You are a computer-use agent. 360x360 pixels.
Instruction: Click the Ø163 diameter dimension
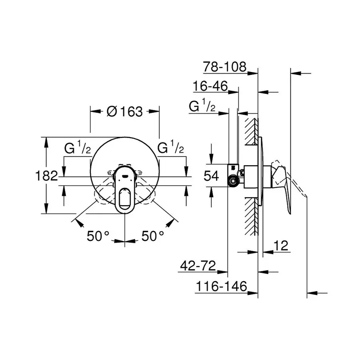125,112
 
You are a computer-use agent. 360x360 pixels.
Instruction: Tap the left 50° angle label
98,236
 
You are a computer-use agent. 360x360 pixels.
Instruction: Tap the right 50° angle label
153,236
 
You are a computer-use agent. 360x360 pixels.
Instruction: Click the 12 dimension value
282,246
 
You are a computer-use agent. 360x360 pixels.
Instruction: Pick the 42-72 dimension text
198,266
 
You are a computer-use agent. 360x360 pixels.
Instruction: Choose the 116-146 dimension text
221,286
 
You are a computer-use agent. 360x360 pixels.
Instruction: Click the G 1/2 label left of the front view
78,148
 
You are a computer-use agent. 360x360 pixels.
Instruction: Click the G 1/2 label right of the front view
171,148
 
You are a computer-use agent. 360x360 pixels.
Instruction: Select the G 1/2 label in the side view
202,107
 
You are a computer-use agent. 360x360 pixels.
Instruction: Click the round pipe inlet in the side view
232,182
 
